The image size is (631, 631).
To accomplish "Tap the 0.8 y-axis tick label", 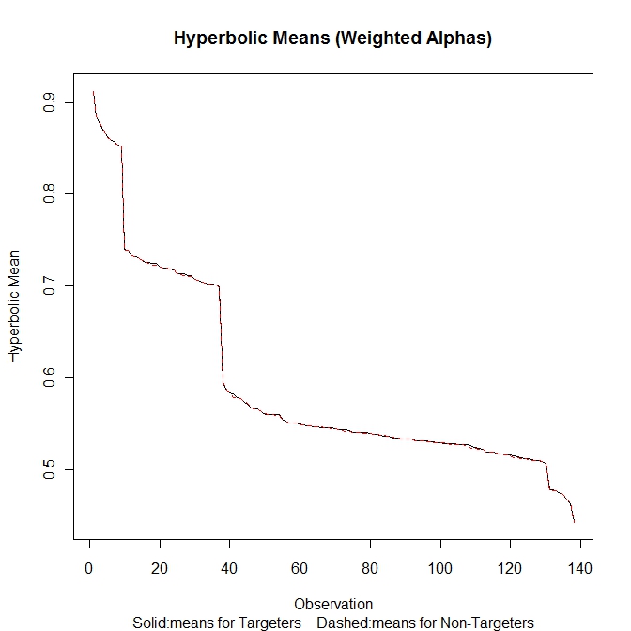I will tap(48, 193).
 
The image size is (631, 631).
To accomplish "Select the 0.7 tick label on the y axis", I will tap(48, 285).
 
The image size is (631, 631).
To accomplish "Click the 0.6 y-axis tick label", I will tap(48, 377).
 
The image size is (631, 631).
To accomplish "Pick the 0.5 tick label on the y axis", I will tap(48, 469).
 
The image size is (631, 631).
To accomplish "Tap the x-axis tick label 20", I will tap(161, 568).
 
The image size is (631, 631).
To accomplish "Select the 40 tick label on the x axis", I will tap(230, 568).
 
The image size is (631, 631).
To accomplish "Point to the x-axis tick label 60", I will tap(300, 568).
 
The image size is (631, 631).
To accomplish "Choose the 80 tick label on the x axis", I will tap(370, 568).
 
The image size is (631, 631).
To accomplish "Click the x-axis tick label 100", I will tap(440, 568).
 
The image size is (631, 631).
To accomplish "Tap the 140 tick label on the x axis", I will tap(580, 568).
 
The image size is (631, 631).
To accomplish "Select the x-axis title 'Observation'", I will tap(333, 604).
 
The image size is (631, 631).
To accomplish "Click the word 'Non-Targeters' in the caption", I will tap(490, 622).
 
